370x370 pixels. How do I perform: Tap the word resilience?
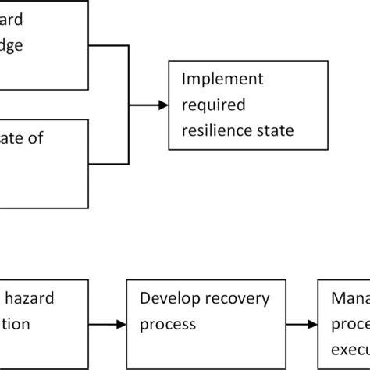215,130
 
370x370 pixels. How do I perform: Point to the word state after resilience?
274,130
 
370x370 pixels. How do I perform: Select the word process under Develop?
165,323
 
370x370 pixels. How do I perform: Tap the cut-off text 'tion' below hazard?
16,323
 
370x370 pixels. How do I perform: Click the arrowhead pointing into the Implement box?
162,105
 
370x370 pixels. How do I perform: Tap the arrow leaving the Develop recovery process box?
301,323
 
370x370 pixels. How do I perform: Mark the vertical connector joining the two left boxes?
128,105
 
